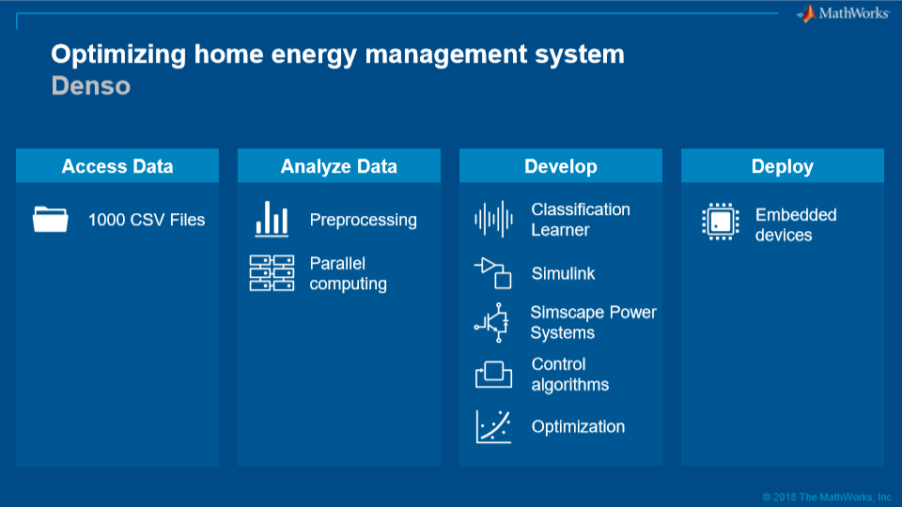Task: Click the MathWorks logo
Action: [x=843, y=13]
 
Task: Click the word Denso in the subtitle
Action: [x=91, y=85]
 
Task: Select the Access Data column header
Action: [x=117, y=165]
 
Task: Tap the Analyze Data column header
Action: [x=339, y=165]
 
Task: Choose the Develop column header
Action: [x=561, y=165]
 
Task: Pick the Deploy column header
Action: [x=783, y=165]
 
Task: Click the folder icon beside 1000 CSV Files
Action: [x=51, y=219]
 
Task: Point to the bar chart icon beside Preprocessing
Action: [x=272, y=219]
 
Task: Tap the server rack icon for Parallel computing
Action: [x=272, y=273]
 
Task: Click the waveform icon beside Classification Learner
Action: [x=493, y=219]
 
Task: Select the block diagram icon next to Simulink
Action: [x=493, y=273]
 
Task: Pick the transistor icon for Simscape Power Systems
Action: [x=491, y=322]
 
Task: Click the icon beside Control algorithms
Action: [x=493, y=375]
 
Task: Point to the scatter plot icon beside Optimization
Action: [x=493, y=426]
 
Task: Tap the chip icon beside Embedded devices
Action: [x=721, y=222]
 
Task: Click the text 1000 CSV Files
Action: [x=147, y=220]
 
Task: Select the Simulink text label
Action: [x=563, y=273]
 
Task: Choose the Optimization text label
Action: [x=578, y=426]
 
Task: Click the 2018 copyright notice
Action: [x=828, y=498]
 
